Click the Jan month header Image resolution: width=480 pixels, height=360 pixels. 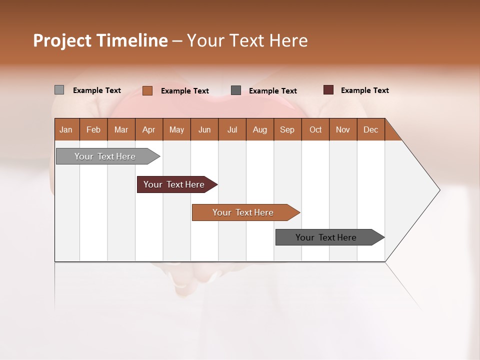click(66, 129)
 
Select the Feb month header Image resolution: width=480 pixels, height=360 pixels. click(93, 129)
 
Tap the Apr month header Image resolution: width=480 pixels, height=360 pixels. click(148, 129)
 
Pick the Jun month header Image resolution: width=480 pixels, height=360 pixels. click(204, 129)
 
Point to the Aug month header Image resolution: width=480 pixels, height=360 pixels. click(259, 129)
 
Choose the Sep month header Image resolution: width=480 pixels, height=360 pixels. click(287, 129)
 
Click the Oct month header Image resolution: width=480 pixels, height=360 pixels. click(315, 129)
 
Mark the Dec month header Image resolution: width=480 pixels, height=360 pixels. click(370, 129)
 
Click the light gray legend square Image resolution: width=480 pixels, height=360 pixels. click(59, 90)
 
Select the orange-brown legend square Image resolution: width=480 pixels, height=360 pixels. click(147, 90)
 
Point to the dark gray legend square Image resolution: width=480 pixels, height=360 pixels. click(236, 90)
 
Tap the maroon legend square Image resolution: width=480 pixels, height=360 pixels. click(328, 90)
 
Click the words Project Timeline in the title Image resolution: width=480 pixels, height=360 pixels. click(100, 40)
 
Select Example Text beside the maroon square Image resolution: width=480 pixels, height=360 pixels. click(364, 90)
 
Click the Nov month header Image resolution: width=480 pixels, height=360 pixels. click(342, 129)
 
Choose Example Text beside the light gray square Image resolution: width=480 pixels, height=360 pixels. click(96, 90)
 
